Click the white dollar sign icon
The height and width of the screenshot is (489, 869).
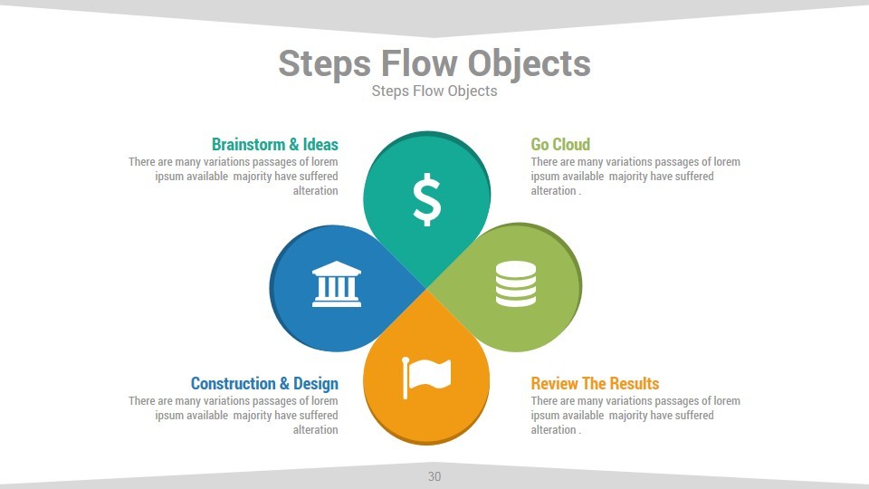pos(426,200)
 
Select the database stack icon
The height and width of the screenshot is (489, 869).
pos(516,283)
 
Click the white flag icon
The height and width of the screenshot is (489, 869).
pos(426,376)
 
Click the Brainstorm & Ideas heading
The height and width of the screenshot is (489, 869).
pos(274,144)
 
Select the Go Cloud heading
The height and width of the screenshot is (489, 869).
pos(560,144)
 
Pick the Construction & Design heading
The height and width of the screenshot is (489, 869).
pos(264,383)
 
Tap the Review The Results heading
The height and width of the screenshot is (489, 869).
pos(595,383)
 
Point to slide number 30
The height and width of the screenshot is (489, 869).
pos(434,476)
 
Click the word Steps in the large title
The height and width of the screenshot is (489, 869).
pos(325,64)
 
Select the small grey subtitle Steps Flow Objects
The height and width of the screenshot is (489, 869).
pos(434,91)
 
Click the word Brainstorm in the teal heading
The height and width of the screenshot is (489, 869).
pos(248,144)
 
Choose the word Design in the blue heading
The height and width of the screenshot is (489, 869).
pos(316,383)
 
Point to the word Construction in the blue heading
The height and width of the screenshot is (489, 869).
pos(233,383)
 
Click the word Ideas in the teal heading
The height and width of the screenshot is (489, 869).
pos(320,144)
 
